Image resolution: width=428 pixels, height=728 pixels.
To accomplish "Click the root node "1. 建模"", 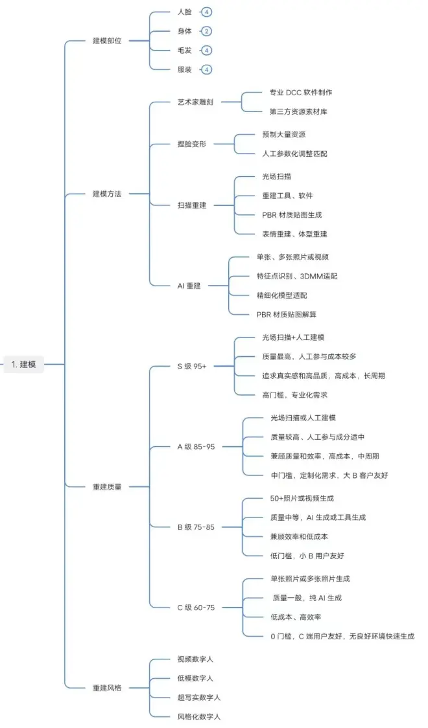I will pyautogui.click(x=24, y=365).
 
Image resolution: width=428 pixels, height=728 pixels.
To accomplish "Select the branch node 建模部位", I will pyautogui.click(x=107, y=41).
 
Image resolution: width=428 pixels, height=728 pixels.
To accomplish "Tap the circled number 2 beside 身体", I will pyautogui.click(x=206, y=31).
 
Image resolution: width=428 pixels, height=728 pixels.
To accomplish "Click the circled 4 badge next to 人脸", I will pyautogui.click(x=206, y=12).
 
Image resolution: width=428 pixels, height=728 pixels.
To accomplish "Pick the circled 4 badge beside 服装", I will pyautogui.click(x=206, y=69).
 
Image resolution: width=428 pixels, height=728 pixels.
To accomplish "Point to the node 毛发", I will pyautogui.click(x=184, y=51).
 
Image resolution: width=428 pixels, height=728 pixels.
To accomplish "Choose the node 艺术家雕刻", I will pyautogui.click(x=196, y=102).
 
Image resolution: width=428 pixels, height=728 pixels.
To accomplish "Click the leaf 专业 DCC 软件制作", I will pyautogui.click(x=301, y=93).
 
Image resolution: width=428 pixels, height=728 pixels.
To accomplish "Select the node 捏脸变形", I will pyautogui.click(x=191, y=144).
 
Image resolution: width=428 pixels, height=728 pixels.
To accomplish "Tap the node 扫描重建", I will pyautogui.click(x=191, y=205).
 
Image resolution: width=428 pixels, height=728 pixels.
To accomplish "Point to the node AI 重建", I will pyautogui.click(x=189, y=285).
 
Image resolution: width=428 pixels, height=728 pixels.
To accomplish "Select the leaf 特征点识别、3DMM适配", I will pyautogui.click(x=296, y=276).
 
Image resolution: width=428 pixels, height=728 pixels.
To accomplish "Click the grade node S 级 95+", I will pyautogui.click(x=192, y=366).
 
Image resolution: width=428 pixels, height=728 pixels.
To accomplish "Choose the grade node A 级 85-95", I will pyautogui.click(x=196, y=447).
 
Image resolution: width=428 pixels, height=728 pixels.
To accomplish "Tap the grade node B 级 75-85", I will pyautogui.click(x=196, y=527).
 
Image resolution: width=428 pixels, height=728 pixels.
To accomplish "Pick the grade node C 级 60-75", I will pyautogui.click(x=196, y=608).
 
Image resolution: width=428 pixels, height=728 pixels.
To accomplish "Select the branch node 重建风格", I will pyautogui.click(x=107, y=687).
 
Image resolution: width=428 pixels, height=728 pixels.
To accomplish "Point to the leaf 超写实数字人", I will pyautogui.click(x=199, y=697).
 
